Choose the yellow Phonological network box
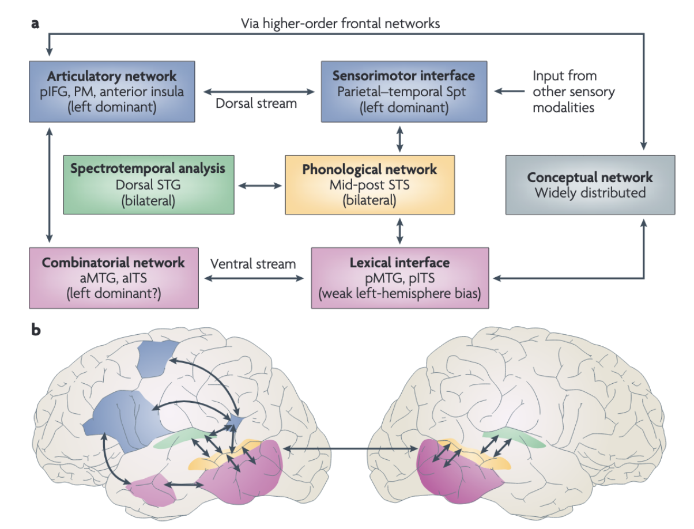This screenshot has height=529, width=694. coord(369,185)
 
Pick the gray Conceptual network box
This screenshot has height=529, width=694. coord(590,185)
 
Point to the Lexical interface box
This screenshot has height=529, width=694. coord(399,278)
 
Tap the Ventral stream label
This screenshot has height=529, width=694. coord(253,264)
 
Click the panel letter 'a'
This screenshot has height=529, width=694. coord(36,24)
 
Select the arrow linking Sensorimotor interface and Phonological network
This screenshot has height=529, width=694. coord(399,138)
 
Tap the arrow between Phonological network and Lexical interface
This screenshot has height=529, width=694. coord(399,231)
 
